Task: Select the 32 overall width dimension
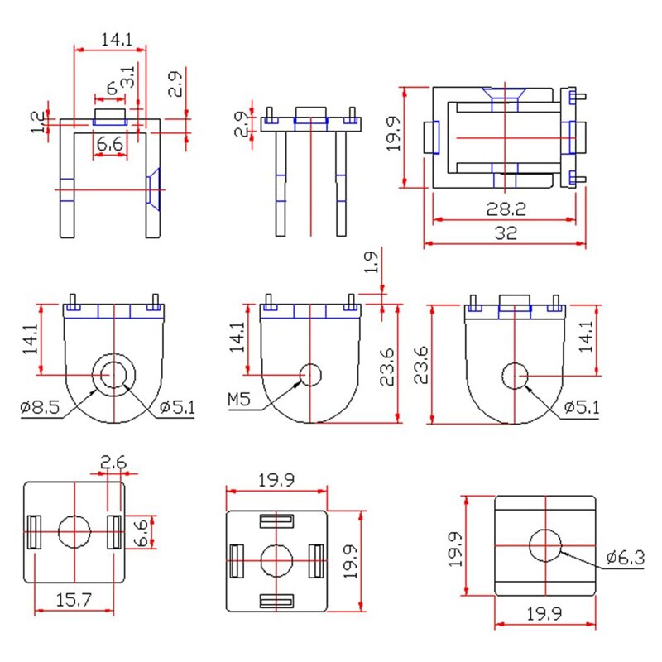506,233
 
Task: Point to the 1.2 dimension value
36,122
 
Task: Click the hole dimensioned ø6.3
544,544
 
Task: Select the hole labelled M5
310,375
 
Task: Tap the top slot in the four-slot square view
276,521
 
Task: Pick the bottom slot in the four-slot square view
276,601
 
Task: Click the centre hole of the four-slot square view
276,561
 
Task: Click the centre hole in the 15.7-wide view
74,531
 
